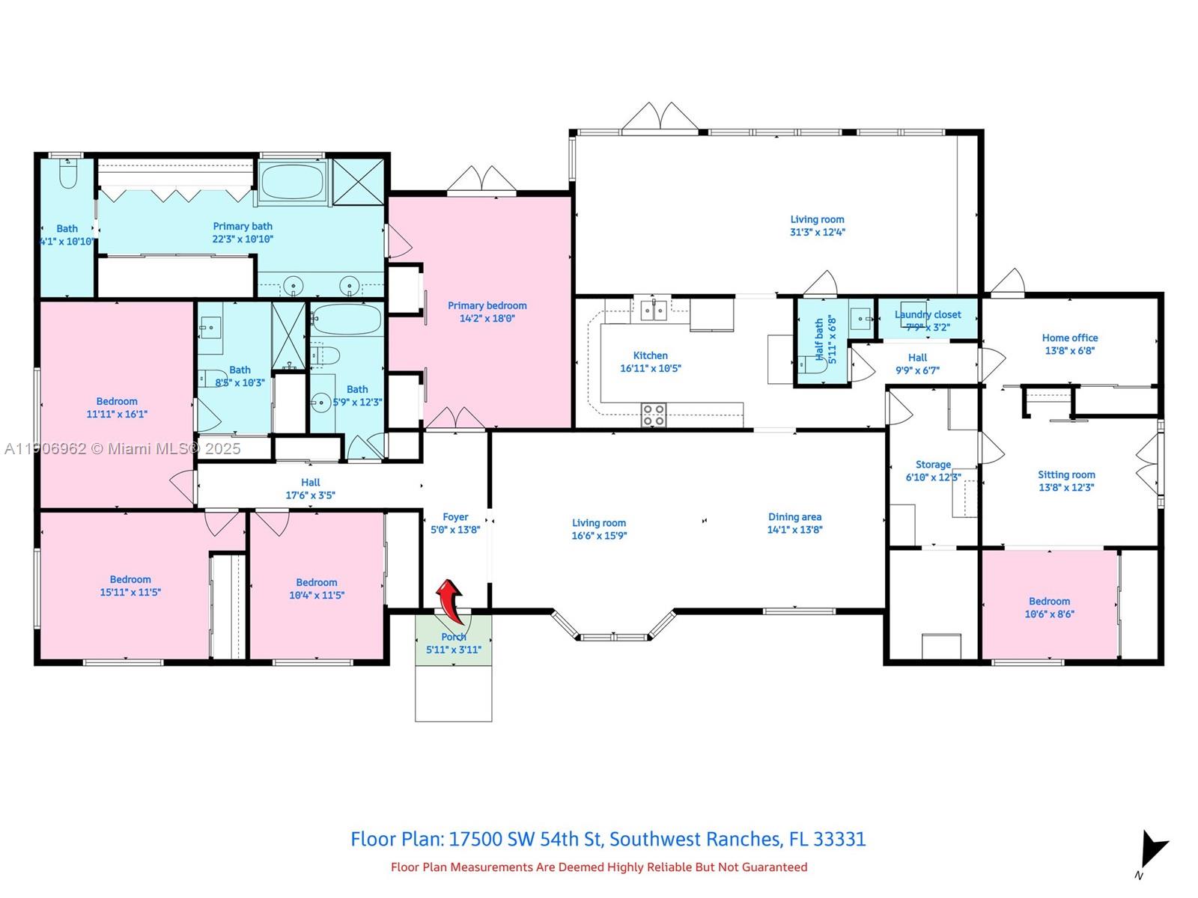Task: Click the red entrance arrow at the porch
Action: [449, 599]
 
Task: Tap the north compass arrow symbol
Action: [1152, 851]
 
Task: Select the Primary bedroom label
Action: [487, 305]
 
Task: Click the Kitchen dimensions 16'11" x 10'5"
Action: [650, 368]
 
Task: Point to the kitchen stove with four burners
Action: [654, 415]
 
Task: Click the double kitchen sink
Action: [654, 310]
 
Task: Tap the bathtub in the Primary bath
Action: [292, 180]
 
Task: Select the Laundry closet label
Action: [928, 314]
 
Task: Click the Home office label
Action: [1069, 337]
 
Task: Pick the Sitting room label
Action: [1066, 474]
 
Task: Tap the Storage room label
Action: [933, 465]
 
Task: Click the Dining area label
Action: [794, 516]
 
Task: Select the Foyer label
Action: [455, 516]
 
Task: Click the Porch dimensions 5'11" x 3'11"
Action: [454, 650]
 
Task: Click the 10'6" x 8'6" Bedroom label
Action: [1049, 601]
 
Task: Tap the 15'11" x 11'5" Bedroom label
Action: [130, 579]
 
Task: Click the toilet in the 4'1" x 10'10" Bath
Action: [68, 174]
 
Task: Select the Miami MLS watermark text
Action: [123, 448]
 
